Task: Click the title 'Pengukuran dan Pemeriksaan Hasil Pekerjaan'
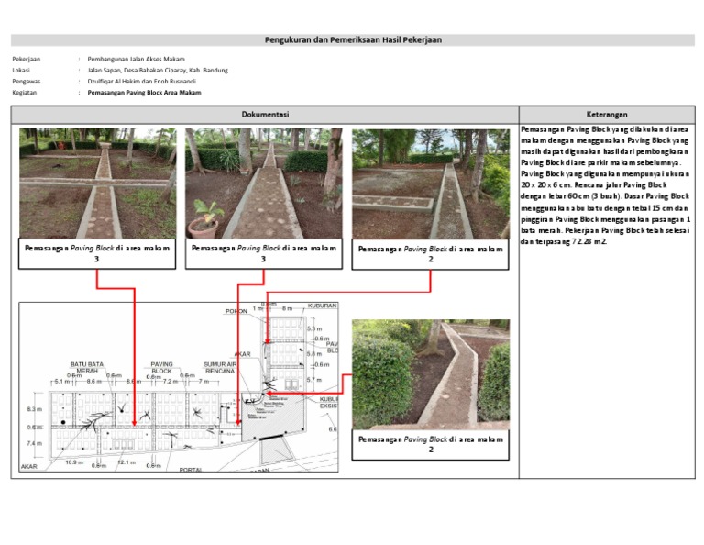(352, 40)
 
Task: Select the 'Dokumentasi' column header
(265, 115)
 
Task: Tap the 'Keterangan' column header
(607, 115)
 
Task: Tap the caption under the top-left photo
(96, 253)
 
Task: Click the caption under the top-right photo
(431, 253)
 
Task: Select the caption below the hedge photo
(431, 444)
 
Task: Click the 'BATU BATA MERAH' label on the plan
(87, 367)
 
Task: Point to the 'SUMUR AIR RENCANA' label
(220, 367)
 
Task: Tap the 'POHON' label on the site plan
(236, 311)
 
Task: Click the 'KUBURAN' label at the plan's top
(323, 306)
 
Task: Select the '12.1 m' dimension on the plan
(126, 462)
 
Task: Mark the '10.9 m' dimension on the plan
(74, 462)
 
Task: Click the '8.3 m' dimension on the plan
(34, 409)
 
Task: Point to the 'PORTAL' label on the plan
(190, 470)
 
